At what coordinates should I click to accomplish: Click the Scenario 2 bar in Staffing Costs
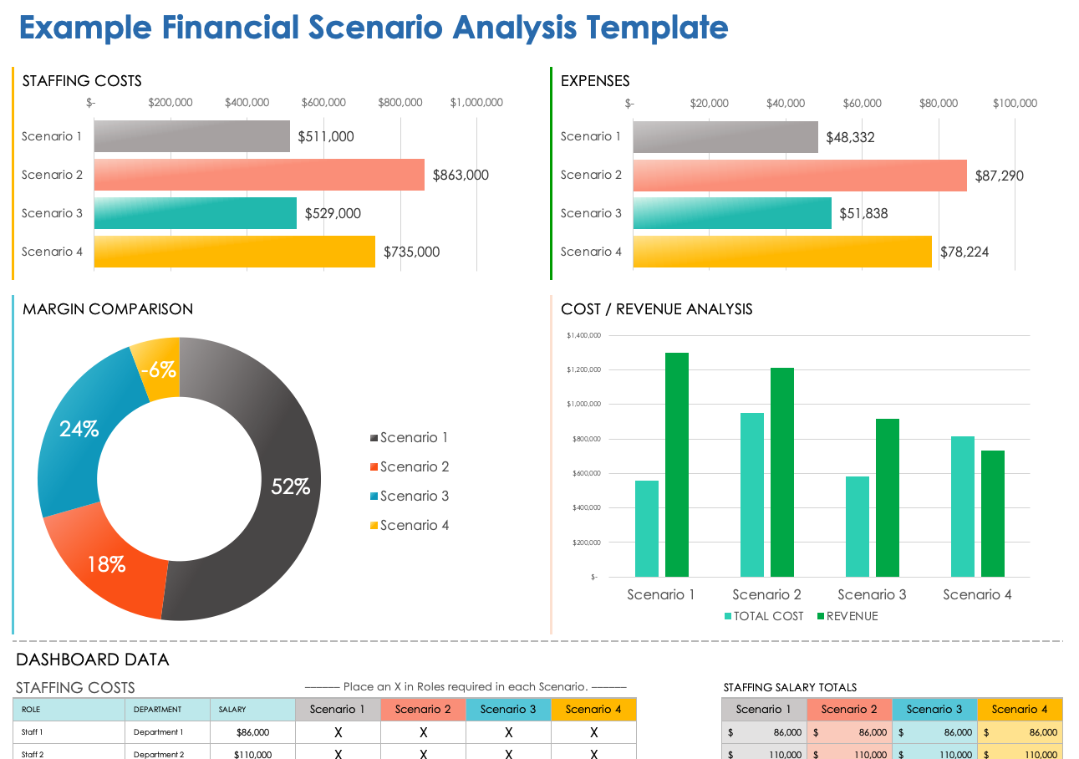click(x=259, y=175)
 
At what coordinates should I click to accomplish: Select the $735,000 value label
click(x=411, y=252)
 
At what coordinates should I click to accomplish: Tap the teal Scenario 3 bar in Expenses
click(x=732, y=213)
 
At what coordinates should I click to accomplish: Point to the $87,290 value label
click(x=999, y=176)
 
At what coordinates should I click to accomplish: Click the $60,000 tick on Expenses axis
click(x=862, y=103)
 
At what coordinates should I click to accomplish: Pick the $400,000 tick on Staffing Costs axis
click(x=247, y=103)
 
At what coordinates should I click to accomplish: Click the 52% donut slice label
click(x=290, y=486)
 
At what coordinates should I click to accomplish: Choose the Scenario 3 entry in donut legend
click(x=414, y=496)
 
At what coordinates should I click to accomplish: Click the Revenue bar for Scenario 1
click(x=677, y=464)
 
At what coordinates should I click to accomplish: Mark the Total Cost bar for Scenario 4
click(x=963, y=506)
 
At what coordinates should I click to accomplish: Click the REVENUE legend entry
click(x=847, y=616)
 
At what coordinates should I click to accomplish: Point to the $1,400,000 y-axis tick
click(x=583, y=335)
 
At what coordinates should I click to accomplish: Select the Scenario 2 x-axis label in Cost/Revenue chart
click(x=766, y=594)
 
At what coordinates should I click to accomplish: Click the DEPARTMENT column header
click(x=157, y=709)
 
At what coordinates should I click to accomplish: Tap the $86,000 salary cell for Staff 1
click(x=252, y=732)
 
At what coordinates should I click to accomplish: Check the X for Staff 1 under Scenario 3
click(x=508, y=732)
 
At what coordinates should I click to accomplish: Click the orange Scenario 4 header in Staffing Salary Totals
click(x=1019, y=709)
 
